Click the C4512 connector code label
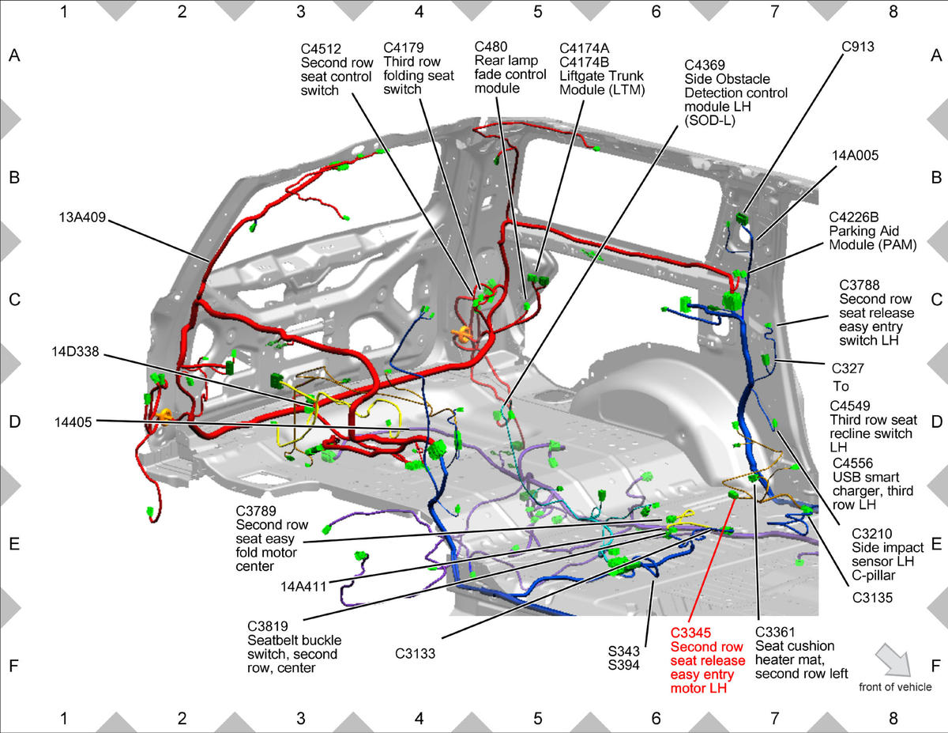pos(321,49)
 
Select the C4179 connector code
pos(404,47)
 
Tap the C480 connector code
pos(491,47)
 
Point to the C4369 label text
pos(705,65)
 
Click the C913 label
pos(858,47)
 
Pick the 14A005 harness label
pos(855,156)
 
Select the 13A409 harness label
pos(82,217)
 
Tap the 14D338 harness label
pos(76,351)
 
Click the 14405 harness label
pos(73,422)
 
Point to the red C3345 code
pos(690,633)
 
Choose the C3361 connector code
pos(775,632)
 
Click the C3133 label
pos(416,654)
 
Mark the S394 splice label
pos(624,665)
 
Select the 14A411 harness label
pos(303,586)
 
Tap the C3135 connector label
pos(872,598)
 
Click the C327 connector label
pos(848,368)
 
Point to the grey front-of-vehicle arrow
pos(893,660)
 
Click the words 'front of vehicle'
pos(895,687)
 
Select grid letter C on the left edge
pos(14,300)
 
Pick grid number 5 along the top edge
pos(538,12)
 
